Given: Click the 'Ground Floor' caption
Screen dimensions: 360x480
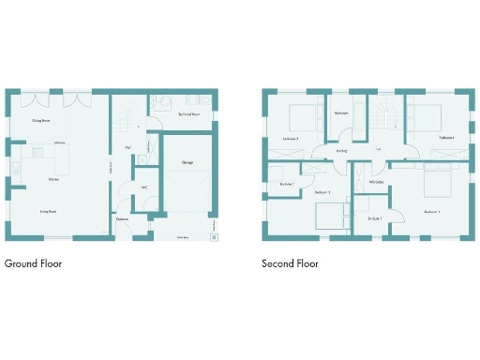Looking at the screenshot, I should coord(34,263).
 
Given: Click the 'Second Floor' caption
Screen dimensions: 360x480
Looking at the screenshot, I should coord(290,263).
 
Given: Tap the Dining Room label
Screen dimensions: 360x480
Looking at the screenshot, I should coord(41,121).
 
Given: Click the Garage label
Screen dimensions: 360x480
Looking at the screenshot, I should coord(187,162).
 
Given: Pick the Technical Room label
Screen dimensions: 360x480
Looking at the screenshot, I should coord(189,114).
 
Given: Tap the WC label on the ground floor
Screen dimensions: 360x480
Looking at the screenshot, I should coord(143,187).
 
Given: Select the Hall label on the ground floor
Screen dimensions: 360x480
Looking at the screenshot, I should coord(127,147).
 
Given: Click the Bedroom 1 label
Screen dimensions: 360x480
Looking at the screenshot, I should coord(432,212).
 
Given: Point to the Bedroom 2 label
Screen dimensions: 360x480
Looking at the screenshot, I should coord(322,192).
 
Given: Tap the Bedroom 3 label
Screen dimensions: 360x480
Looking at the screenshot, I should coord(291,139).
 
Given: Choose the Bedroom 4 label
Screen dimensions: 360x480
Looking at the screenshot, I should coord(446,138).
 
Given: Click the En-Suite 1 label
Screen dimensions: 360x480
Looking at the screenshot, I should coord(374,218).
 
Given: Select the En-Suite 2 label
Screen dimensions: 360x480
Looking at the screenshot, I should coord(287,184).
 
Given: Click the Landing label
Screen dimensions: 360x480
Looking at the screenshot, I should coord(341,150).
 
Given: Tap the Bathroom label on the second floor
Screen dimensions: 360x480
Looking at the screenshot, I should coord(342,113).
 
